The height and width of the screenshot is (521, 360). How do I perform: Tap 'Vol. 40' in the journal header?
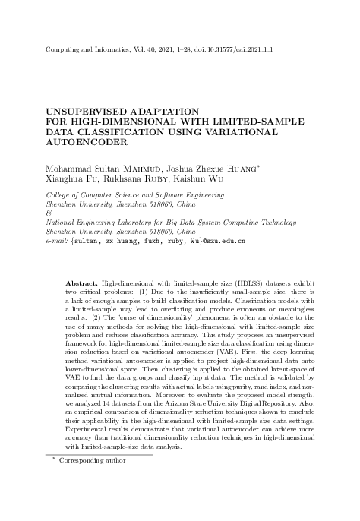(137, 48)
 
